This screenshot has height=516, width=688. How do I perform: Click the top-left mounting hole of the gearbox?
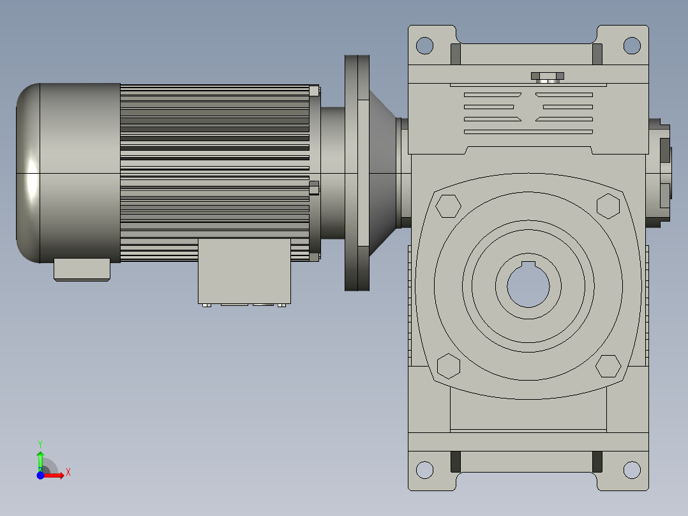[x=424, y=45]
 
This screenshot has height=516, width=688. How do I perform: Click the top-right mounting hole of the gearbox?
[x=631, y=45]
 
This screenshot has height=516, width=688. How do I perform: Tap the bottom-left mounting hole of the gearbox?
[x=424, y=470]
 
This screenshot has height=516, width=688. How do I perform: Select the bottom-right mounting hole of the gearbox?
[x=631, y=470]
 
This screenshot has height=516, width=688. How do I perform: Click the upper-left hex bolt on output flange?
[x=448, y=206]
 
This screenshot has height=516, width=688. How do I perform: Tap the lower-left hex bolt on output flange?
[x=449, y=366]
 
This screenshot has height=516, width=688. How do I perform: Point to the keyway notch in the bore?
[x=528, y=264]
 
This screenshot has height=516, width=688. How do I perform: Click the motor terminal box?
[x=244, y=271]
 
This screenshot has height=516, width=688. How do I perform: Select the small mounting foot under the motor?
[x=82, y=269]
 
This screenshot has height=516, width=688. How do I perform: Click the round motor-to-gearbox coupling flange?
[x=357, y=173]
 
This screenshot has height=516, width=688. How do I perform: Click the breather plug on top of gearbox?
[x=548, y=77]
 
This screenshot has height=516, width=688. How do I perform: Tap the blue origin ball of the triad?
[x=40, y=475]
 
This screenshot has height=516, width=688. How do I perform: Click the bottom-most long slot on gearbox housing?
[x=528, y=132]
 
